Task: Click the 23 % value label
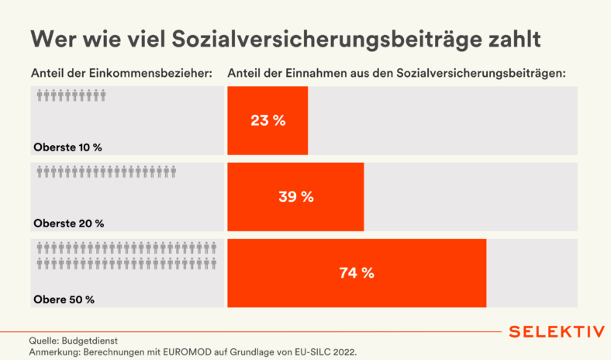click(x=268, y=120)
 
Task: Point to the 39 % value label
click(x=295, y=196)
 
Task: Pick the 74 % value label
click(x=357, y=272)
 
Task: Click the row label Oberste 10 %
click(x=68, y=147)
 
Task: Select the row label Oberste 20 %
click(x=68, y=223)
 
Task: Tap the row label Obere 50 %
click(x=64, y=299)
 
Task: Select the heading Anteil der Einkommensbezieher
click(x=121, y=74)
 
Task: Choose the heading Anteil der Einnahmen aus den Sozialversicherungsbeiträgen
click(x=397, y=74)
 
